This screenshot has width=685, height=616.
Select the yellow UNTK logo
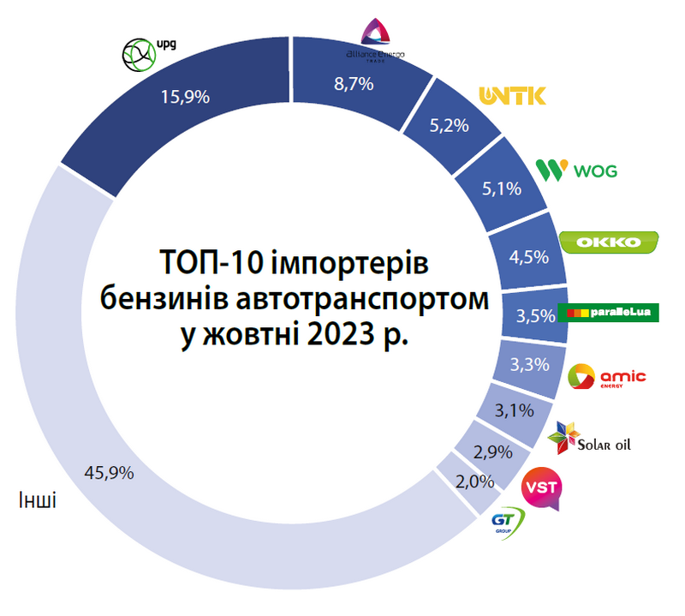pos(512,95)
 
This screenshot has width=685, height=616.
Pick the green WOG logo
pos(575,170)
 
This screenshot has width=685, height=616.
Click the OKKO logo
pos(609,242)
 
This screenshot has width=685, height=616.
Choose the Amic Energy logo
pos(607,377)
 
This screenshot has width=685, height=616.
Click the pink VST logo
pos(541,488)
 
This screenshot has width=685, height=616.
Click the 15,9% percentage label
pos(185,97)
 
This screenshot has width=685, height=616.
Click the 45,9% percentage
pos(109,472)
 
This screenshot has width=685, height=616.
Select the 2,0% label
pos(474,481)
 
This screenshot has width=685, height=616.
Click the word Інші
pos(37,499)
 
